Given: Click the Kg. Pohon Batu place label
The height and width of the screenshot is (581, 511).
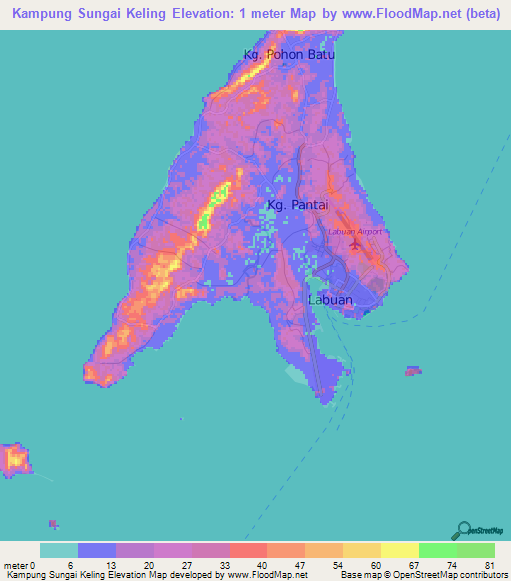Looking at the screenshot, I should (287, 54).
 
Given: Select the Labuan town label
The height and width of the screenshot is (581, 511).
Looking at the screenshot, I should (331, 297).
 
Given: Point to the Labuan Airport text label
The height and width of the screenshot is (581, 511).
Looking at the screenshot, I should (355, 232).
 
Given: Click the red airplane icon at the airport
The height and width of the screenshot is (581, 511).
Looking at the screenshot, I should (357, 244).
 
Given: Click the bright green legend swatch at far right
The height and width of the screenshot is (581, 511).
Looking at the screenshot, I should (475, 550).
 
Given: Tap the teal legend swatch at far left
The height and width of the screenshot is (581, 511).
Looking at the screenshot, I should (58, 550).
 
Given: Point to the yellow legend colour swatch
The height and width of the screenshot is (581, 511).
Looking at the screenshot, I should (399, 550).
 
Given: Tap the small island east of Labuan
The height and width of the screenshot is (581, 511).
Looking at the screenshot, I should (413, 371).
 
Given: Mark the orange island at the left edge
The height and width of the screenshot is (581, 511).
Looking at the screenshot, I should (15, 459).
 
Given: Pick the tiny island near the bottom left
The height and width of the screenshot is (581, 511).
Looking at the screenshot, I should (54, 523).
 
